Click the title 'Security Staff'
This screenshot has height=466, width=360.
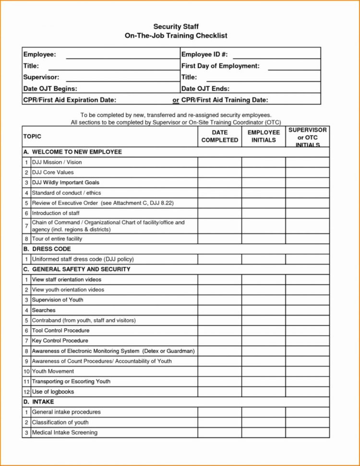[x=176, y=26]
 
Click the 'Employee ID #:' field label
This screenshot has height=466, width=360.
[x=204, y=54]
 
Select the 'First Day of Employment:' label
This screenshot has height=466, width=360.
[x=220, y=66]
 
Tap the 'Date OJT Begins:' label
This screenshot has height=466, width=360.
[x=50, y=88]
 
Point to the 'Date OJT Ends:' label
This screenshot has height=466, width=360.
[x=205, y=88]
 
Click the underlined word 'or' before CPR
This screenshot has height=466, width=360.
[x=176, y=100]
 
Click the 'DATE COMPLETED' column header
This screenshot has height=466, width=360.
[x=219, y=136]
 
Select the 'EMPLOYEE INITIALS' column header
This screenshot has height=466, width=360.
[x=264, y=136]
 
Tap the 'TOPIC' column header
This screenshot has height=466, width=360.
[x=32, y=136]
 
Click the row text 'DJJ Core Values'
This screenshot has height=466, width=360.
[x=53, y=172]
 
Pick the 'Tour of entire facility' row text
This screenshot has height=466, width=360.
[x=57, y=239]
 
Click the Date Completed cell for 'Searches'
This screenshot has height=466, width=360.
[x=219, y=310]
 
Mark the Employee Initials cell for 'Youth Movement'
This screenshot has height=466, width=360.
[x=264, y=371]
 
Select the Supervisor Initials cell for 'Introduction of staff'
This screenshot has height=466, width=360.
[x=307, y=213]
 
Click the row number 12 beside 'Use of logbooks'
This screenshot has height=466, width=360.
[x=26, y=392]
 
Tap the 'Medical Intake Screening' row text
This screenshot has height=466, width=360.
[x=64, y=432]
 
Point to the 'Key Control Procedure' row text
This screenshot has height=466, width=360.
[x=60, y=341]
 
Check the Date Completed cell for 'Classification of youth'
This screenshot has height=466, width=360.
[x=219, y=422]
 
